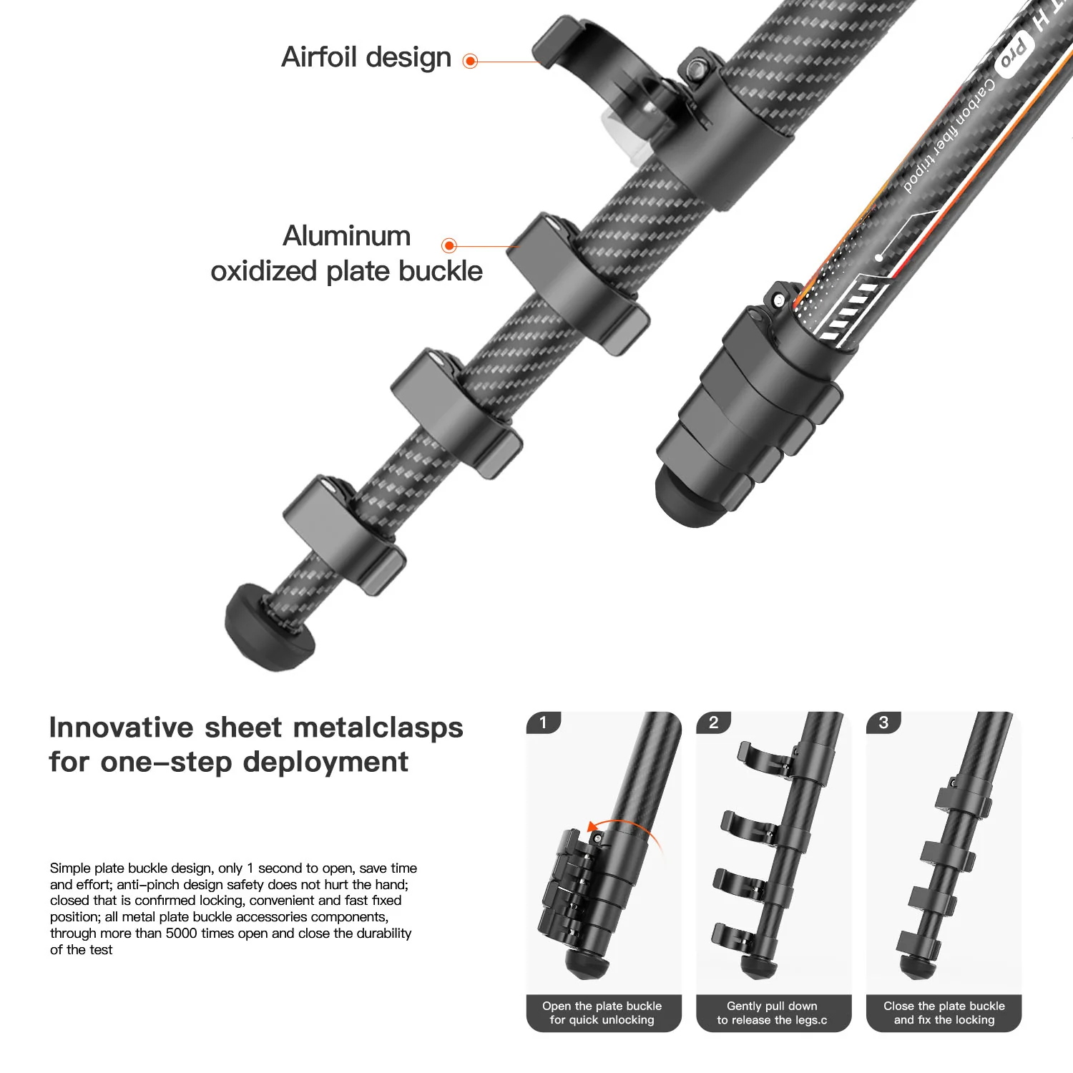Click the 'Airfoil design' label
(x=366, y=57)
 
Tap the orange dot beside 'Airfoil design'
(x=470, y=62)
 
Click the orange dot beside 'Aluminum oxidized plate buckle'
(x=449, y=246)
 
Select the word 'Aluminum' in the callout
(x=347, y=236)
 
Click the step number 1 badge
(x=543, y=722)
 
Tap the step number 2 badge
(x=713, y=722)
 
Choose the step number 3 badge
(x=883, y=722)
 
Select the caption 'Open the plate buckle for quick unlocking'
(x=602, y=1013)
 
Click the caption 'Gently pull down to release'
(x=773, y=1013)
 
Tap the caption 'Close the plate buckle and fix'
(x=944, y=1013)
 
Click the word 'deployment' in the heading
(x=326, y=763)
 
